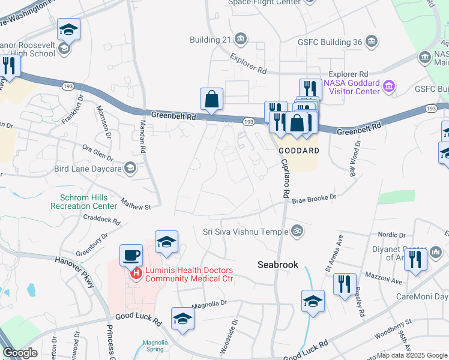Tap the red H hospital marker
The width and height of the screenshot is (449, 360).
click(136, 274)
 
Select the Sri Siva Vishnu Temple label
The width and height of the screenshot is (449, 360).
click(246, 230)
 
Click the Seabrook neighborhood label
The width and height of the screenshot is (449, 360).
click(278, 264)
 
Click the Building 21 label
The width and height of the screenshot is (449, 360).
click(211, 40)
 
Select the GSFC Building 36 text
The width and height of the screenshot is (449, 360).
click(330, 42)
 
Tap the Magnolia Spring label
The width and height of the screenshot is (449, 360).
click(155, 347)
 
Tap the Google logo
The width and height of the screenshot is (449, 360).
click(20, 353)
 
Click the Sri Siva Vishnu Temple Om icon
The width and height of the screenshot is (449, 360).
click(296, 230)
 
